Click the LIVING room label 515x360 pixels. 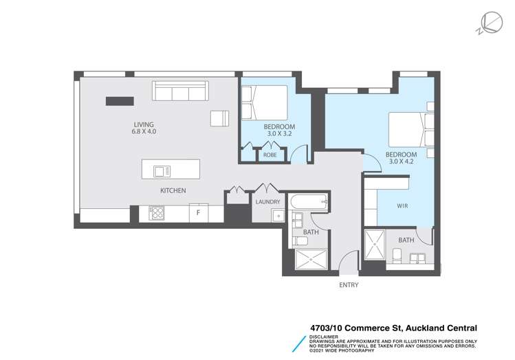pos(144,125)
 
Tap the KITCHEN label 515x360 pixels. pos(173,190)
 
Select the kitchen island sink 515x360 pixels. pos(162,171)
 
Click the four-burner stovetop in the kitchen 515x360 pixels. pos(157,213)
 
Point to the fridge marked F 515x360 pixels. pos(199,213)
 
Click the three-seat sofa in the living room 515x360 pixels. pos(180,91)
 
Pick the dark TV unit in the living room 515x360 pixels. pos(120,101)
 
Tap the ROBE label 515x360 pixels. pos(270,155)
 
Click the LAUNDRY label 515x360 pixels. pos(267,202)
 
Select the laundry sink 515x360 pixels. pos(278,216)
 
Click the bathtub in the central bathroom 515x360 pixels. pos(309,202)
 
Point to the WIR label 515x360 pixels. pos(402,205)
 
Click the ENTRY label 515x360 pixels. pos(349,285)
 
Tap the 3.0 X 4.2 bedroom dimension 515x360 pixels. pos(401,161)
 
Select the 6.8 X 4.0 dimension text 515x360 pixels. pos(144,132)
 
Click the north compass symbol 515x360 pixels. pos(490,23)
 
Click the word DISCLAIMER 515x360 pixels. pos(324,337)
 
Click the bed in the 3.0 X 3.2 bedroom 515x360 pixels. pos(265,102)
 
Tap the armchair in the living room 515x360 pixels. pos(219,118)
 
